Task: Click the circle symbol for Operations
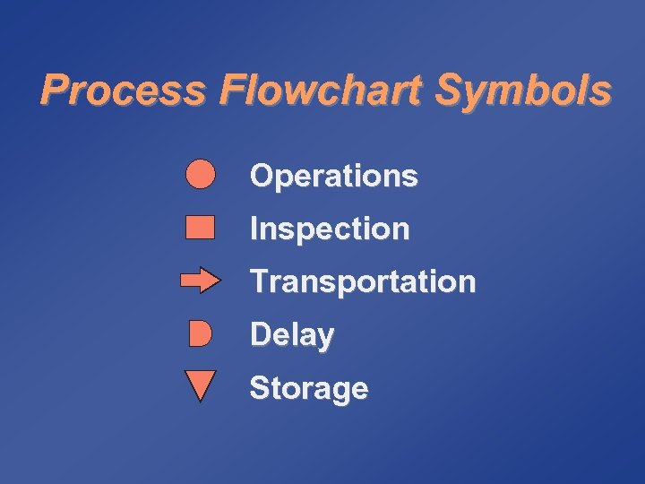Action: [x=201, y=174]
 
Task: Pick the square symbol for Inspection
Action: [x=200, y=227]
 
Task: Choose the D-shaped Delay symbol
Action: [x=201, y=334]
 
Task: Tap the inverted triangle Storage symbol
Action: [x=200, y=385]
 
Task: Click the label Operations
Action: [x=333, y=176]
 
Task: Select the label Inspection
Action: [x=330, y=229]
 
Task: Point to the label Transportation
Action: [x=363, y=281]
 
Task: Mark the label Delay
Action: [x=292, y=335]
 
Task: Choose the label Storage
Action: [x=308, y=389]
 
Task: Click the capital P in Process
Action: [x=55, y=91]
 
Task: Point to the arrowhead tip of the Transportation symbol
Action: [x=219, y=281]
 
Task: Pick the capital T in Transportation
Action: [x=259, y=281]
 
